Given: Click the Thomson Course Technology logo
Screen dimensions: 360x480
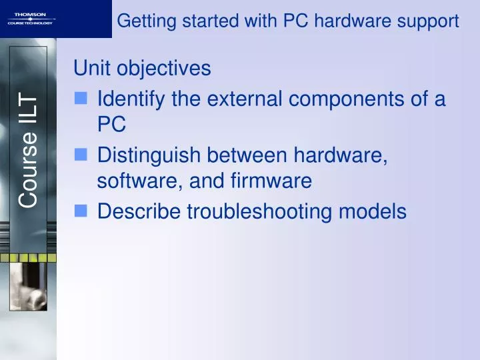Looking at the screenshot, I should click(31, 19).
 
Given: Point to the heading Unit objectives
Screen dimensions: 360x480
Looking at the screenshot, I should click(142, 68).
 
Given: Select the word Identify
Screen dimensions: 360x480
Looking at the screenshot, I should click(131, 99).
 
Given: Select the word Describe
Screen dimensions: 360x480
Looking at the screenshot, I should click(139, 211).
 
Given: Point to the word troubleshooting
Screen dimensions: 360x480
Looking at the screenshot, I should click(260, 211).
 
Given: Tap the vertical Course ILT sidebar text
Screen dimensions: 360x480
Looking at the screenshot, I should click(29, 150).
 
